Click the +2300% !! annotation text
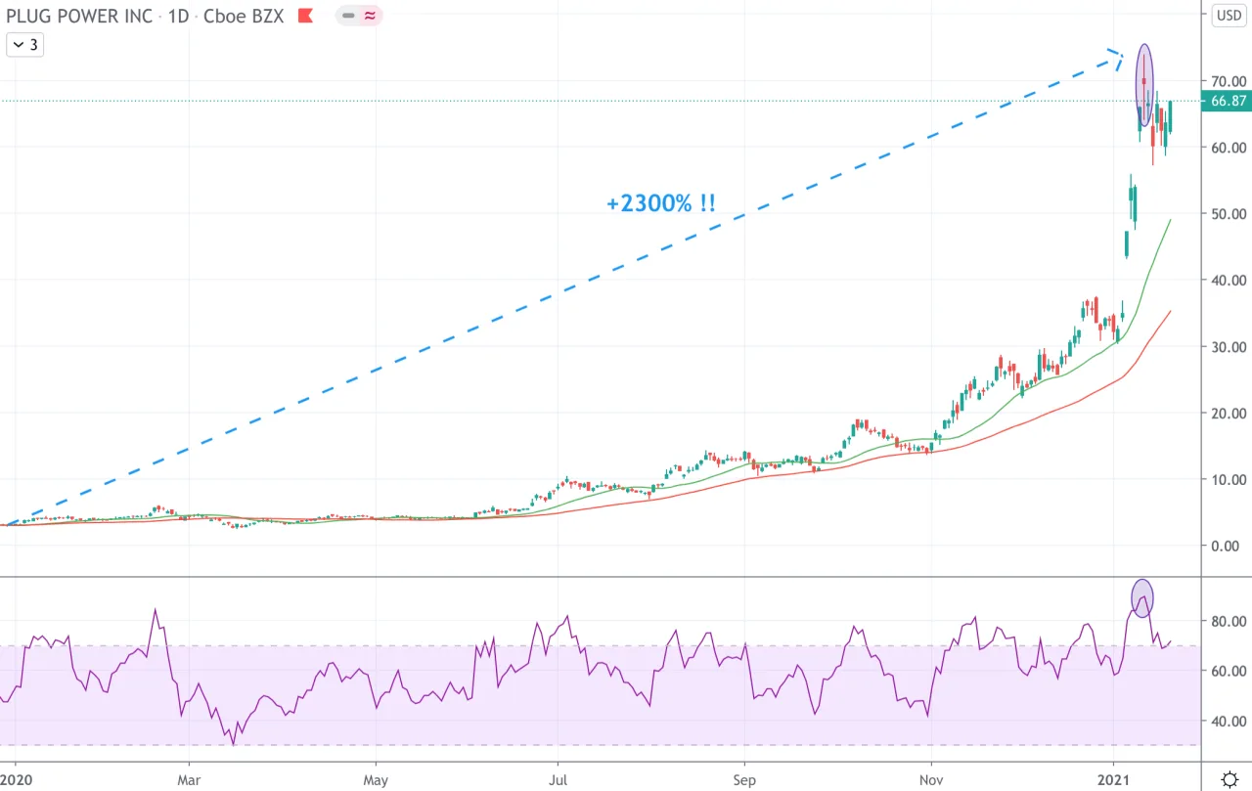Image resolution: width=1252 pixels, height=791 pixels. (x=660, y=203)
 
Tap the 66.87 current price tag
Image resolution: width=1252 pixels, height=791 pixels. (x=1227, y=101)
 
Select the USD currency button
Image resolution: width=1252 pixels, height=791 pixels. (x=1229, y=15)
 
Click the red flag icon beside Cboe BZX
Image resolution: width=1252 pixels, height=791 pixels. (x=305, y=16)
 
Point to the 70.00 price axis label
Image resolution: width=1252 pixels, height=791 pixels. (x=1229, y=81)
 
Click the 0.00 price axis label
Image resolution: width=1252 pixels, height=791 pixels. (x=1226, y=546)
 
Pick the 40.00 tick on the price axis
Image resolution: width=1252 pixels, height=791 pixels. (x=1229, y=280)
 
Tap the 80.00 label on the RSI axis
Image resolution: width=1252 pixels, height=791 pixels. (x=1229, y=621)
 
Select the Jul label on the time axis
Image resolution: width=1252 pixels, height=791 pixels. (x=558, y=780)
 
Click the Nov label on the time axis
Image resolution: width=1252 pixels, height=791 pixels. (x=931, y=780)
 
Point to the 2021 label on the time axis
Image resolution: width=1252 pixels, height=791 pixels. (x=1113, y=780)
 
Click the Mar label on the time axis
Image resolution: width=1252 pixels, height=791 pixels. (x=189, y=780)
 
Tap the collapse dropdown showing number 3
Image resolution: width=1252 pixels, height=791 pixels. (x=25, y=45)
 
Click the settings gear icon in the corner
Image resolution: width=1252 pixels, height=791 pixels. (x=1230, y=779)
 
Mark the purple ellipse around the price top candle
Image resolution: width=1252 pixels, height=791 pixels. (x=1137, y=84)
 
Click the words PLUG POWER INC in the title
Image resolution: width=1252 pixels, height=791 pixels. (x=79, y=16)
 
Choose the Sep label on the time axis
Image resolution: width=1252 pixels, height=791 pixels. (x=744, y=780)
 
